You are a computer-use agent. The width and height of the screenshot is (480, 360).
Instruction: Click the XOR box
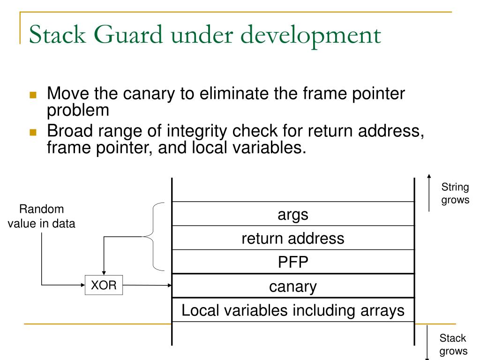[104, 285]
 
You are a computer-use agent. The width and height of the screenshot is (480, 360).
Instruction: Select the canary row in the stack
[293, 285]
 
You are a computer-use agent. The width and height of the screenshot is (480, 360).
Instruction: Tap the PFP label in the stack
[293, 262]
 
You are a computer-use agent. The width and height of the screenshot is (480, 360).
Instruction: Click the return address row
[293, 238]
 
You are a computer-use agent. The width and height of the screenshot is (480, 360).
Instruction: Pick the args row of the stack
[293, 214]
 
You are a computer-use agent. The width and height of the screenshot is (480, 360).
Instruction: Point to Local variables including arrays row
[293, 310]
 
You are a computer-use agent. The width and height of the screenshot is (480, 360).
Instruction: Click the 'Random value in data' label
[41, 216]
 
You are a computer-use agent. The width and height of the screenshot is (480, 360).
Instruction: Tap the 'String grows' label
[455, 193]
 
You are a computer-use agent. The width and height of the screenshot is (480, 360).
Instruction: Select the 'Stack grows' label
[453, 345]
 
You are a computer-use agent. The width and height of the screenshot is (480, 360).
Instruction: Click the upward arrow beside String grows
[429, 193]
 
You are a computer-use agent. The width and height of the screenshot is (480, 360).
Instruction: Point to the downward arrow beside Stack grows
[427, 343]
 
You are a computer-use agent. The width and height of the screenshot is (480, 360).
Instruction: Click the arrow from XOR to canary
[147, 285]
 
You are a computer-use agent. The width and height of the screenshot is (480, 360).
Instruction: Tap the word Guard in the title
[128, 34]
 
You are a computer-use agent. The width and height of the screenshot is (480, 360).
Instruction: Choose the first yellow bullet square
[33, 95]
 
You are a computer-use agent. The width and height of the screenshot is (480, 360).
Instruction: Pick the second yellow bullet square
[33, 132]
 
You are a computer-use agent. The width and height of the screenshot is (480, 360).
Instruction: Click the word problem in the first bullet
[78, 111]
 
